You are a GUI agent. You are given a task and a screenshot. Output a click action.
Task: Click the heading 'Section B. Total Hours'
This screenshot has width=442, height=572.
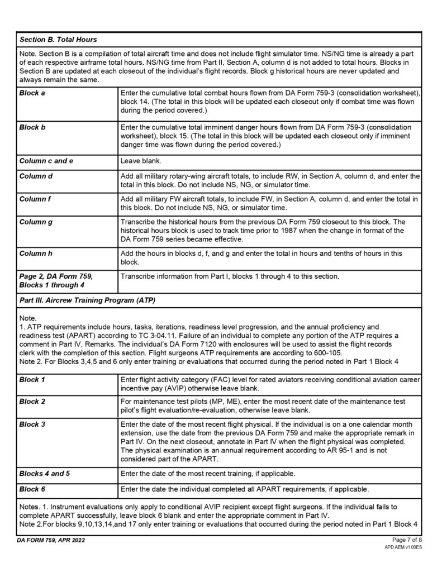point(58,40)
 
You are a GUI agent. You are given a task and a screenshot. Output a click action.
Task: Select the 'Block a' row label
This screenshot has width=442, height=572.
point(32,93)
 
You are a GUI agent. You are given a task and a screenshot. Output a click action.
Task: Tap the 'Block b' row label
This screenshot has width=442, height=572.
point(32,127)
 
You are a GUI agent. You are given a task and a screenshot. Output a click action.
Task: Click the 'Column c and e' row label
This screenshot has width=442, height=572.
point(46,161)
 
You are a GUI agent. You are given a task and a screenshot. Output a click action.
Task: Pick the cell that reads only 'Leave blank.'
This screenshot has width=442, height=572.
point(140,161)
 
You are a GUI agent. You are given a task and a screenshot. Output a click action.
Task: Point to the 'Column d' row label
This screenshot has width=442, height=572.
point(36,177)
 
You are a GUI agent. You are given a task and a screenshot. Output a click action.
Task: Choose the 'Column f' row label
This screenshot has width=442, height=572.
point(35,199)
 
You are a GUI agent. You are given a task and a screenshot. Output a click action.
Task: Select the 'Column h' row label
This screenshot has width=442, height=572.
point(36,254)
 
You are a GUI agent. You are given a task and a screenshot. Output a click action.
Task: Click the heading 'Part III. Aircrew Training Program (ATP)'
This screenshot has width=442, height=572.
point(87,301)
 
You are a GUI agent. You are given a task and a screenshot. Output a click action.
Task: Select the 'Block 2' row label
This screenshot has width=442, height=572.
point(32,401)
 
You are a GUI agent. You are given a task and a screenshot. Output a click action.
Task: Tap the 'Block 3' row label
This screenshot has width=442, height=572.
point(32,424)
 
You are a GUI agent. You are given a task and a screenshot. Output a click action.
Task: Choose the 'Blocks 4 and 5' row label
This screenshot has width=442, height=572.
point(45,474)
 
